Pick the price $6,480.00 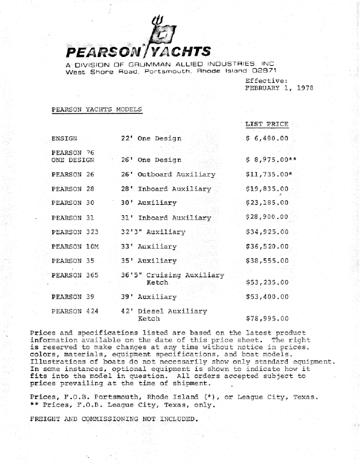click(267, 139)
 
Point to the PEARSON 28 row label click(73, 189)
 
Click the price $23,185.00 click(267, 203)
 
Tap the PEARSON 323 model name click(75, 232)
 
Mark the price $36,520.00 click(267, 246)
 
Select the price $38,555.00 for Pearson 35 click(267, 261)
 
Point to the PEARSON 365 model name click(75, 275)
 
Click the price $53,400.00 click(267, 297)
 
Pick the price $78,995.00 click(267, 319)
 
